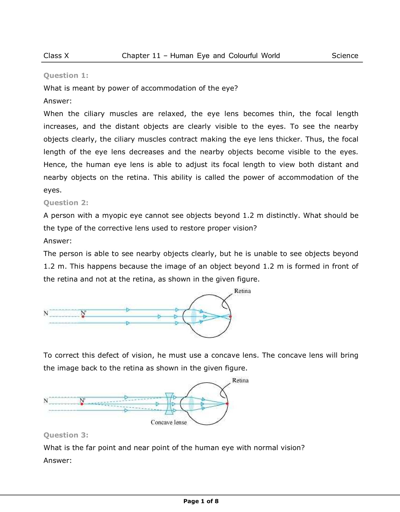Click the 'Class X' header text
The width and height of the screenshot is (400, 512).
coord(56,56)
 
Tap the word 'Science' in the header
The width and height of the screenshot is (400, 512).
coord(345,56)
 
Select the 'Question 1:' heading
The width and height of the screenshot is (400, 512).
coord(66,75)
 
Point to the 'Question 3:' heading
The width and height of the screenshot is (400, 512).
coord(66,435)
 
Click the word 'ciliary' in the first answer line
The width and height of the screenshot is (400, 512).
coord(94,114)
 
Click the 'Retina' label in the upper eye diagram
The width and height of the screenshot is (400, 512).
coord(242,291)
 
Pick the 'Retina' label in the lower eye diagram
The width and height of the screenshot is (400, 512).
coord(240,380)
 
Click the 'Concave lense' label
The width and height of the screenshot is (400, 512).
coord(169,422)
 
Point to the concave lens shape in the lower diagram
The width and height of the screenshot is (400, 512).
coord(169,404)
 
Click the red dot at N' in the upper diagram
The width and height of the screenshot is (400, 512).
coord(83,317)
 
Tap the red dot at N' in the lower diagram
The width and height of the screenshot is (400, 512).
coord(82,404)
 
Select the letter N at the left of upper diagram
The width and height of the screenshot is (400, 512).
coord(46,313)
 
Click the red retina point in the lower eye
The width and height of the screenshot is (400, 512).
coord(227,404)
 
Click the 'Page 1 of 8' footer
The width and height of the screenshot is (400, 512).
coord(201,501)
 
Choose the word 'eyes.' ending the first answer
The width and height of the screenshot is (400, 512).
coord(53,190)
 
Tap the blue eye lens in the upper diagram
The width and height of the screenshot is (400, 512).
coord(193,316)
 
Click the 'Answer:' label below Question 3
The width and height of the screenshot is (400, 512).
coord(58,460)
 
